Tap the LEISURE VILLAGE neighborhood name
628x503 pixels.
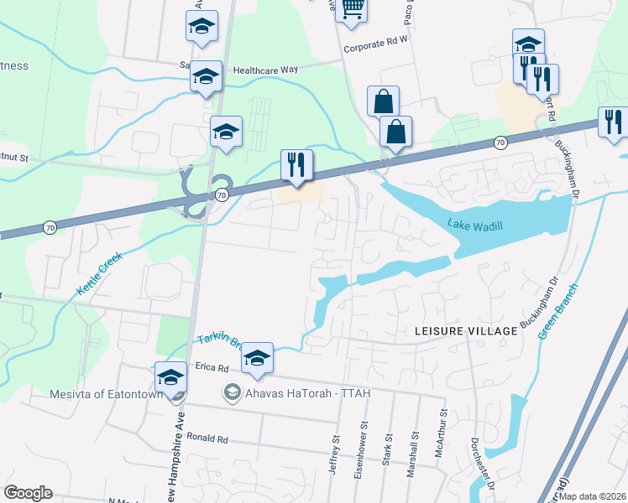[x=466, y=332]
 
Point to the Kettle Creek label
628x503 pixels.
[x=100, y=272]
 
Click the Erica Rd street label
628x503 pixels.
[x=212, y=368]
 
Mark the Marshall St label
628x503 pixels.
[x=412, y=454]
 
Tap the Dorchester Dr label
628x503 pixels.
[x=474, y=459]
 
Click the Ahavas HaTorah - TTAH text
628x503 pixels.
[x=307, y=393]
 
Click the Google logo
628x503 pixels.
[x=28, y=493]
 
